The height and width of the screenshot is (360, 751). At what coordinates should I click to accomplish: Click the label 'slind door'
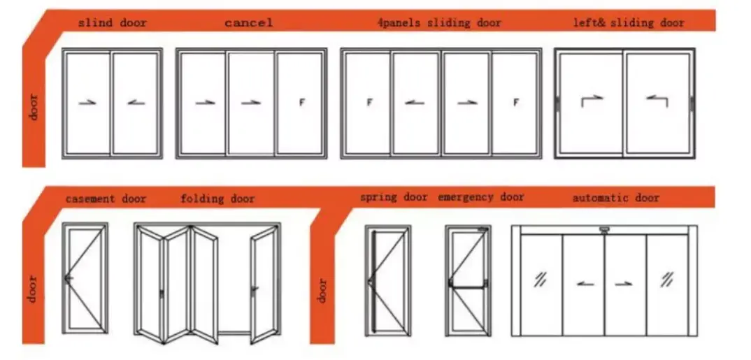point(113,22)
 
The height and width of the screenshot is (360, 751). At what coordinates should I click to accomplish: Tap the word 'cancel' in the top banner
point(248,22)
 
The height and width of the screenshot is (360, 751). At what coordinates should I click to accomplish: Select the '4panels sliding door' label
point(439,22)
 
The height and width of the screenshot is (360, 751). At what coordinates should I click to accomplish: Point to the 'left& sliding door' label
point(629,22)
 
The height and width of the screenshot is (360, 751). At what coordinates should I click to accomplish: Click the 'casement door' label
point(106,199)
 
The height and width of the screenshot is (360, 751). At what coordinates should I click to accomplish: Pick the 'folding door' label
point(217,199)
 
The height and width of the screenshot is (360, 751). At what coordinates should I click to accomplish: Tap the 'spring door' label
point(394,197)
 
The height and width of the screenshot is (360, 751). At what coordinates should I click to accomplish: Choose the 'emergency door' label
point(481,196)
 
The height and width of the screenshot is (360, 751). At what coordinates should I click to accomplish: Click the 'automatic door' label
point(616,198)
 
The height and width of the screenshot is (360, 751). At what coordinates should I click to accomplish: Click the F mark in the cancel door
point(302,102)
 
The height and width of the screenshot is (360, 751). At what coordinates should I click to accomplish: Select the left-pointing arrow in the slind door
point(136,102)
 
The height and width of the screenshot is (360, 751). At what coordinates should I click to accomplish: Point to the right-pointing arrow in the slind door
point(87,102)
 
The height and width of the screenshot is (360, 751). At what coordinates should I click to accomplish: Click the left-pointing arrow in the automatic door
point(585,284)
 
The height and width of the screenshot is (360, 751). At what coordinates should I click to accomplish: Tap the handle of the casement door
point(68,278)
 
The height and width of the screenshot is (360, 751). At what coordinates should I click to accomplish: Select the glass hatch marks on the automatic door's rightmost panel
point(666,279)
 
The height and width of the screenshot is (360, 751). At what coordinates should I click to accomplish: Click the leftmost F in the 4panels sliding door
point(369,102)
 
